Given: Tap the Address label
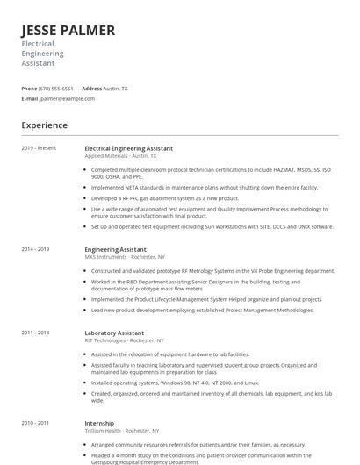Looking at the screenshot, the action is (x=91, y=89).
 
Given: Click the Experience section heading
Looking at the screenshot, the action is (x=44, y=125).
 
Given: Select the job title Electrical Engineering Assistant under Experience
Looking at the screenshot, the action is (x=128, y=148).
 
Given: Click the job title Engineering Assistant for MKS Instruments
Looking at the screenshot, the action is (x=115, y=249).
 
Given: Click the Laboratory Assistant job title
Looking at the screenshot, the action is (x=115, y=333).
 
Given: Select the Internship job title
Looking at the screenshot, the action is (x=100, y=423).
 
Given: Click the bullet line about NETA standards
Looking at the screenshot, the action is (x=205, y=187).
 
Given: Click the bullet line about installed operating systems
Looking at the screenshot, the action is (x=186, y=383).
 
